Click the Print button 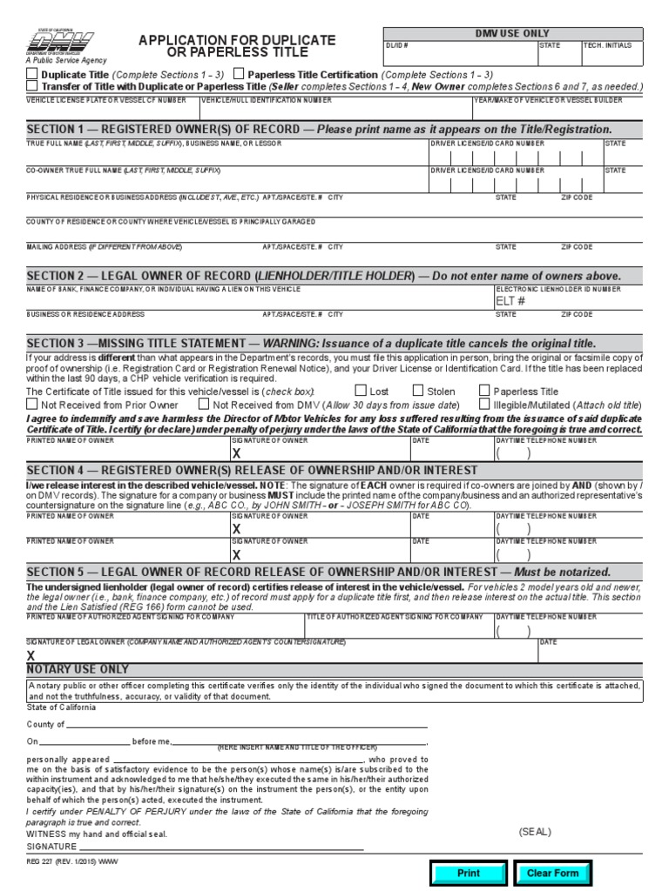tap(469, 873)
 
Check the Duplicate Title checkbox tap(32, 76)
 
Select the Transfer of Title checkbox tap(32, 87)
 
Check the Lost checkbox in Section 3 tap(361, 392)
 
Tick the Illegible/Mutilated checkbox tap(484, 405)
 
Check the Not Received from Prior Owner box tap(32, 405)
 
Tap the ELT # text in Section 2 tap(510, 301)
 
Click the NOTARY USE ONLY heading tap(78, 669)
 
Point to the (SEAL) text tap(535, 832)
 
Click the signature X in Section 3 tap(235, 453)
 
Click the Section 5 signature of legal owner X tap(31, 655)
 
